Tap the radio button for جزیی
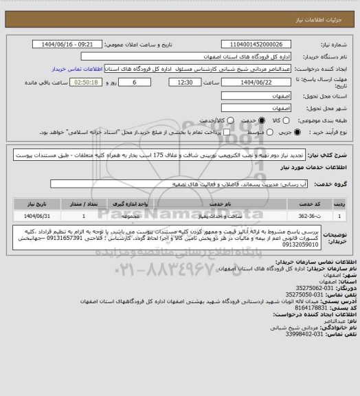click(277, 133)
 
